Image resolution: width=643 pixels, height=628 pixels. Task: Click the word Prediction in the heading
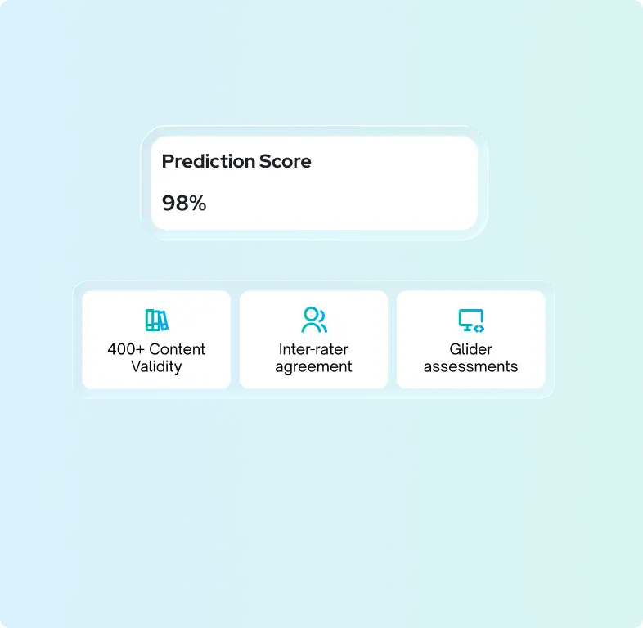207,161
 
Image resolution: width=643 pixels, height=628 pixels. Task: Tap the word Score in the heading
285,161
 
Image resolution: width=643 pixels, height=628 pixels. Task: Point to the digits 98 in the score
174,203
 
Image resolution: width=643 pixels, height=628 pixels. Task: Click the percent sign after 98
197,203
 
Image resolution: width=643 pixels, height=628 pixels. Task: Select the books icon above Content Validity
155,320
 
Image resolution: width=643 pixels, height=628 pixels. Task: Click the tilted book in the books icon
162,320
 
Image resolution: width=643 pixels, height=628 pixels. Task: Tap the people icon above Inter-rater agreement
313,320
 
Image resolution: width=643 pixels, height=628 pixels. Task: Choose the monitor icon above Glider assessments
471,320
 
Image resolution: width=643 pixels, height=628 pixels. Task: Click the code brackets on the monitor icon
479,327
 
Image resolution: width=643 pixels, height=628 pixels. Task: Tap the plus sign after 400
141,349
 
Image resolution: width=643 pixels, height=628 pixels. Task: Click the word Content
178,349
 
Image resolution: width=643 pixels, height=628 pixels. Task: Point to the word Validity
156,366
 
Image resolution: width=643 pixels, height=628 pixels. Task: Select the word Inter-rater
313,349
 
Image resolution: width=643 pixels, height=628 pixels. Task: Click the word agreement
313,367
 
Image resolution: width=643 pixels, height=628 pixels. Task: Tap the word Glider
471,349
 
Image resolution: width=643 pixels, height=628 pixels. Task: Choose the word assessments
471,366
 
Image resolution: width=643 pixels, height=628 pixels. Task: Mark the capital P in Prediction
167,161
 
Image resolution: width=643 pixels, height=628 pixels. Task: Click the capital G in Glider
455,349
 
